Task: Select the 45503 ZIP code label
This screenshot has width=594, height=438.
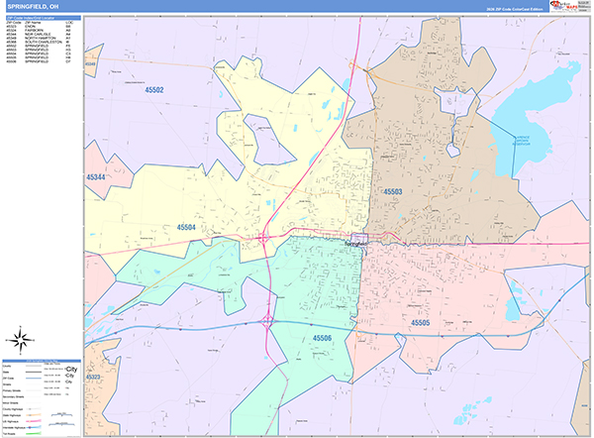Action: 393,190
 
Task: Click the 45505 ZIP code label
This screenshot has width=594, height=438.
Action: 421,322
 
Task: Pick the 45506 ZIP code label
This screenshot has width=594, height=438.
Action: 324,339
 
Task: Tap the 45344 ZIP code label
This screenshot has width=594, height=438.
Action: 96,176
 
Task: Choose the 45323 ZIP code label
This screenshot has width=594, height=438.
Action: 93,377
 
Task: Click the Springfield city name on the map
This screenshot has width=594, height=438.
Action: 354,243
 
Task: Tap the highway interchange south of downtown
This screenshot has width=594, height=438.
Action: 268,320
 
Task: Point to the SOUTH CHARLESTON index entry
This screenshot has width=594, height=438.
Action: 40,43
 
